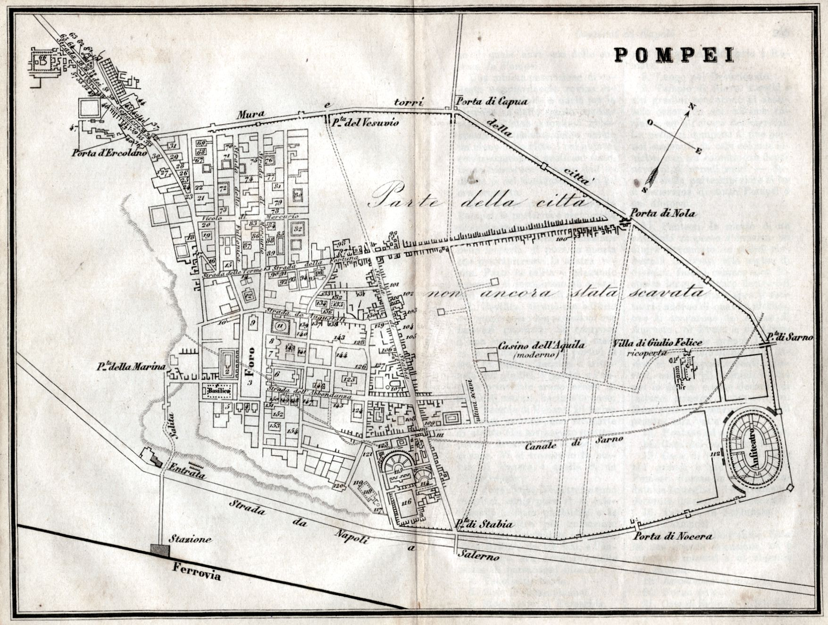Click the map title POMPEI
point(674,55)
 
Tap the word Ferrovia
point(196,571)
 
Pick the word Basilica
point(217,391)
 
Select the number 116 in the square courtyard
point(407,501)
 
